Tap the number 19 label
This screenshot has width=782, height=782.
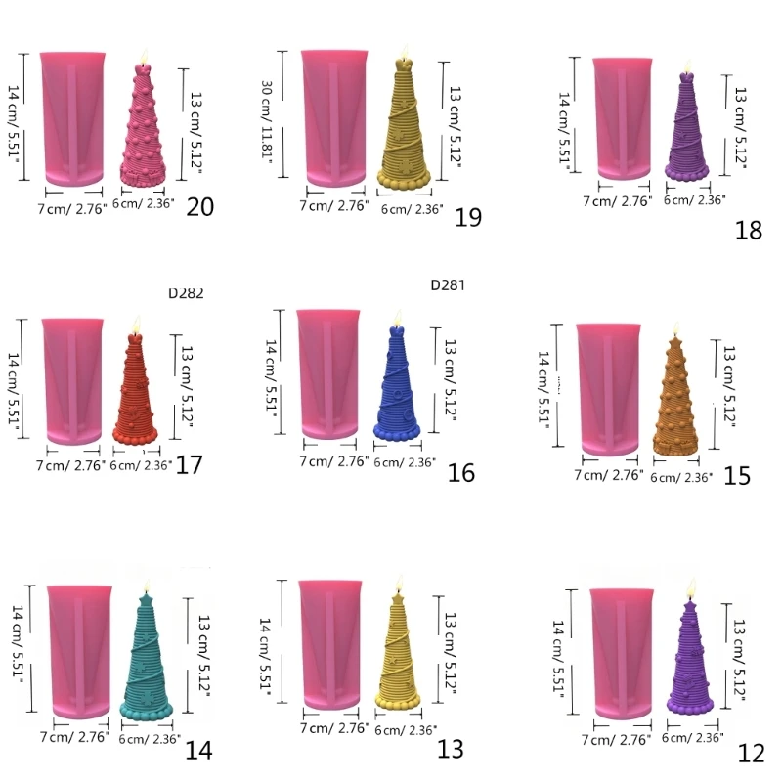pyautogui.click(x=468, y=217)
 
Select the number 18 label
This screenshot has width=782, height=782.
pyautogui.click(x=749, y=231)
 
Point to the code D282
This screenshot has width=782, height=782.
pyautogui.click(x=186, y=292)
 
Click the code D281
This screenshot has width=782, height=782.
pyautogui.click(x=448, y=286)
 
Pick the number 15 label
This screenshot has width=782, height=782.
pyautogui.click(x=737, y=476)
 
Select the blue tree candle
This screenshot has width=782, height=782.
pyautogui.click(x=396, y=387)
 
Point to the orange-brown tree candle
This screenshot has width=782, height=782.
pyautogui.click(x=675, y=401)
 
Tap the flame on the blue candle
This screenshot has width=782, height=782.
pyautogui.click(x=397, y=319)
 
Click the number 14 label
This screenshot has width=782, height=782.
pyautogui.click(x=198, y=751)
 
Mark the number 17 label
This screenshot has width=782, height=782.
pyautogui.click(x=189, y=464)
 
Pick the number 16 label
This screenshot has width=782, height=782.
pyautogui.click(x=460, y=474)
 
